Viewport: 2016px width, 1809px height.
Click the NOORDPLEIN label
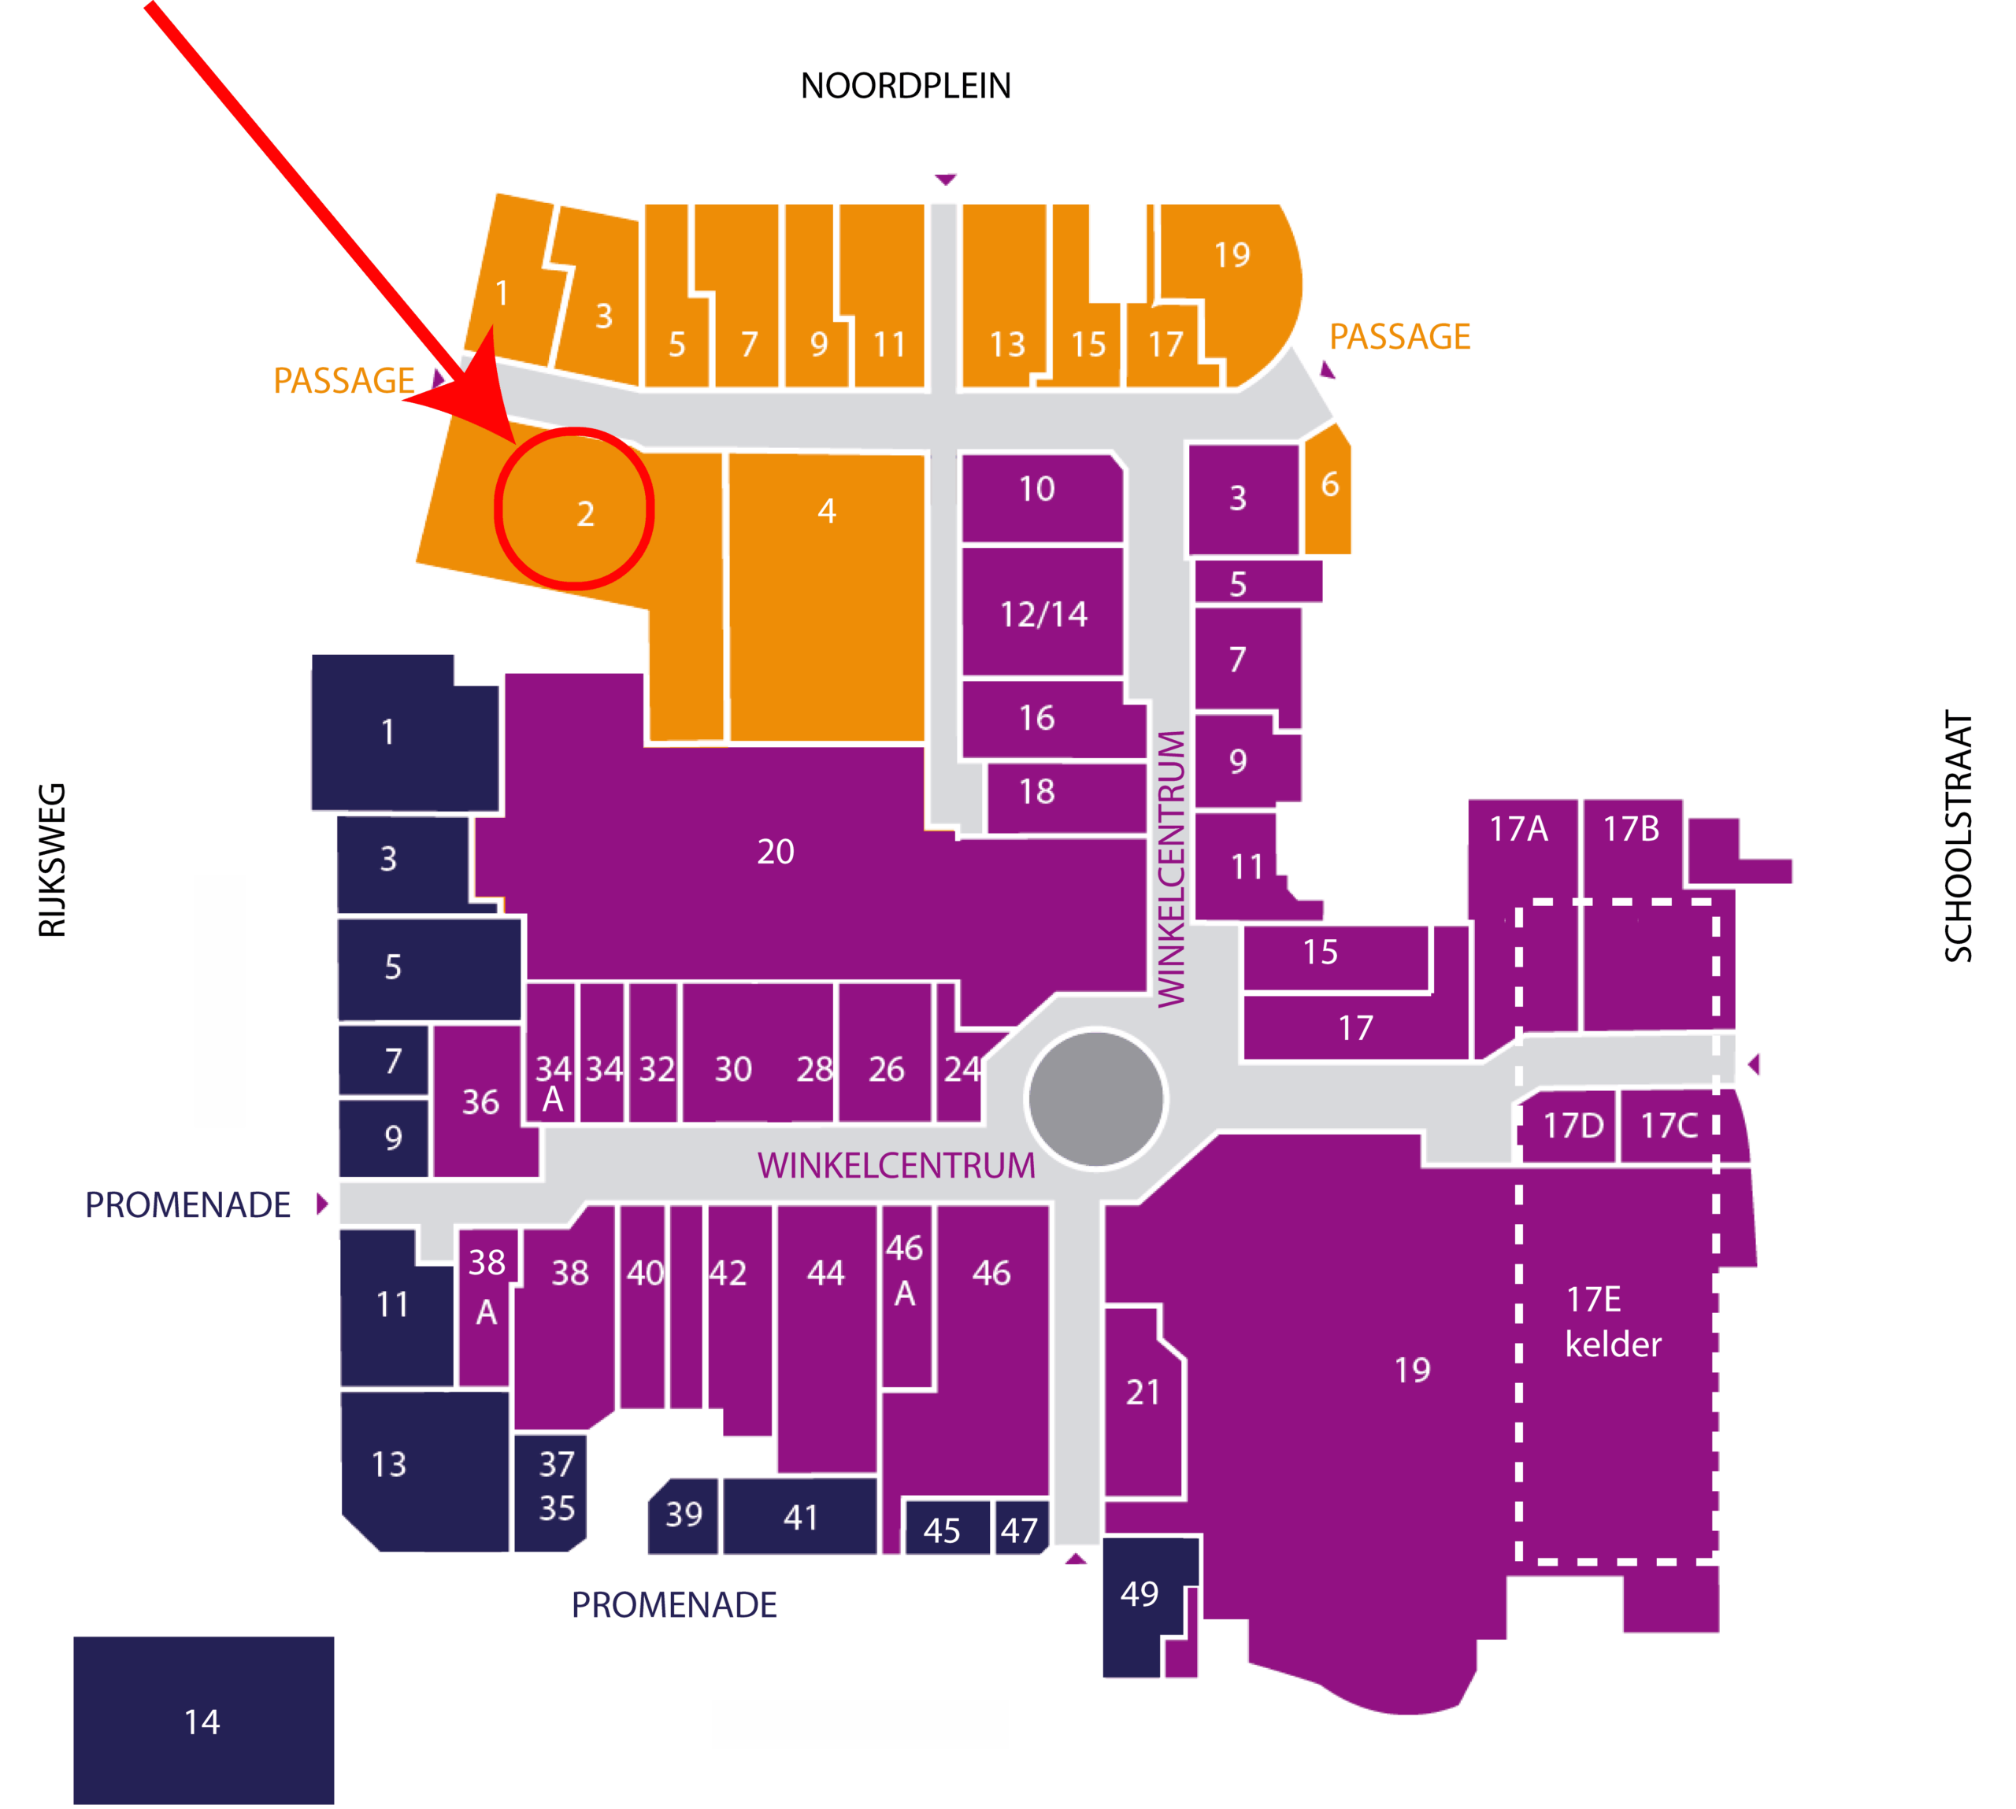[x=905, y=87]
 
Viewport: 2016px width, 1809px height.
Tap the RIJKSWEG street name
[x=52, y=860]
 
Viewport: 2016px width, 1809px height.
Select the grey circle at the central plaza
[x=1095, y=1098]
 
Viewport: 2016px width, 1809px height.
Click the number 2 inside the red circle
[x=586, y=514]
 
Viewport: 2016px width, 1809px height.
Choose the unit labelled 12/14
[x=1043, y=612]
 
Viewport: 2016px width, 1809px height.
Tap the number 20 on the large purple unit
[x=776, y=852]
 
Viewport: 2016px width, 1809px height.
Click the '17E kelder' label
[x=1612, y=1322]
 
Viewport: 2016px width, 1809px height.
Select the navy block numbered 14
[x=204, y=1721]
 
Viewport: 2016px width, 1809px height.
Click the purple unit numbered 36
[x=482, y=1101]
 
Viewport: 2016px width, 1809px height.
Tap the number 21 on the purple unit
[x=1143, y=1393]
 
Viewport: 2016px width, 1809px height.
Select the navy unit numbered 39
[x=683, y=1517]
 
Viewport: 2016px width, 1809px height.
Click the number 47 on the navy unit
[x=1019, y=1530]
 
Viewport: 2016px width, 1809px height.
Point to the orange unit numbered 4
[x=827, y=597]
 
